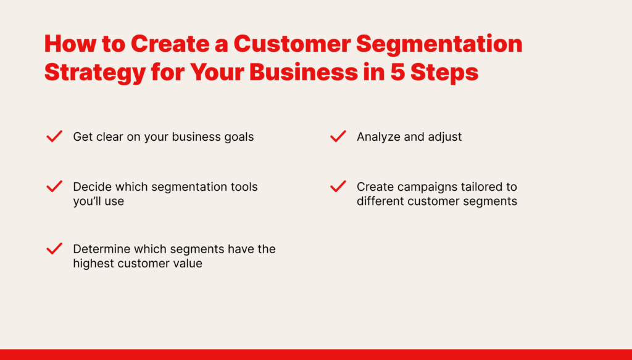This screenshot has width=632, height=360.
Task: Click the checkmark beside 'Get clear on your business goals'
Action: [x=54, y=136]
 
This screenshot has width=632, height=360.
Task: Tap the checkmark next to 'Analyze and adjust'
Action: [x=338, y=136]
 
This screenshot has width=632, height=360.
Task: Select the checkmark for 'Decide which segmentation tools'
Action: [x=54, y=186]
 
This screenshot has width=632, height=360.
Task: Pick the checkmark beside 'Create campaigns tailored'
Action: [x=338, y=186]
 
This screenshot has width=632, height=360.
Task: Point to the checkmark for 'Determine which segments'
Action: [x=54, y=248]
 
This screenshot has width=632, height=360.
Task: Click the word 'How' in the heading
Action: [x=70, y=44]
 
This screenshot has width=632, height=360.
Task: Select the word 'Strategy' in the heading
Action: [x=94, y=73]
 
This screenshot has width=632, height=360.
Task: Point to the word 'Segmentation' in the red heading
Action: [x=439, y=44]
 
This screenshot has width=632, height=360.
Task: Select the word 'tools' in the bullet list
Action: [x=244, y=186]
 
